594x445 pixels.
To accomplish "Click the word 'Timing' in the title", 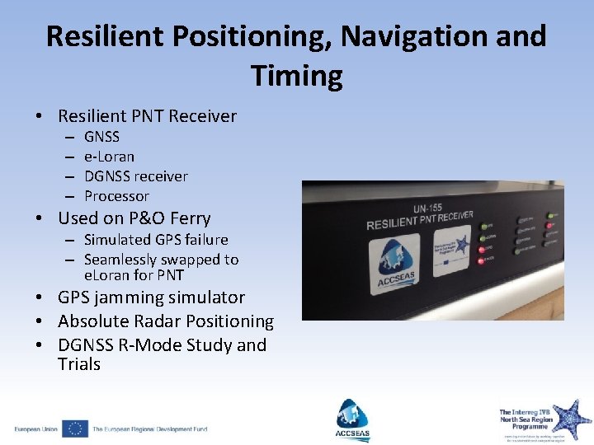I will (x=297, y=77).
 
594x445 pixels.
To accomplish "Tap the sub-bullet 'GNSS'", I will (x=101, y=137).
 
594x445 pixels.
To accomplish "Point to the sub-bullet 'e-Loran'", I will (x=109, y=157).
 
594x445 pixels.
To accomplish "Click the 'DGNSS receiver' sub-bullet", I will (x=135, y=176).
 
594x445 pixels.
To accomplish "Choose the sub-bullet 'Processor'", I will (x=116, y=196).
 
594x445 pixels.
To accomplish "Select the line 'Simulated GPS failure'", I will (x=156, y=240).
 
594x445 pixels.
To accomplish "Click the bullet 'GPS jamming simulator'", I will (x=151, y=297).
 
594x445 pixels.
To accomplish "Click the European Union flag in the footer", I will (x=75, y=429).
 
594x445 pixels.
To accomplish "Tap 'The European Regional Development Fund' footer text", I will (x=149, y=429).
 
